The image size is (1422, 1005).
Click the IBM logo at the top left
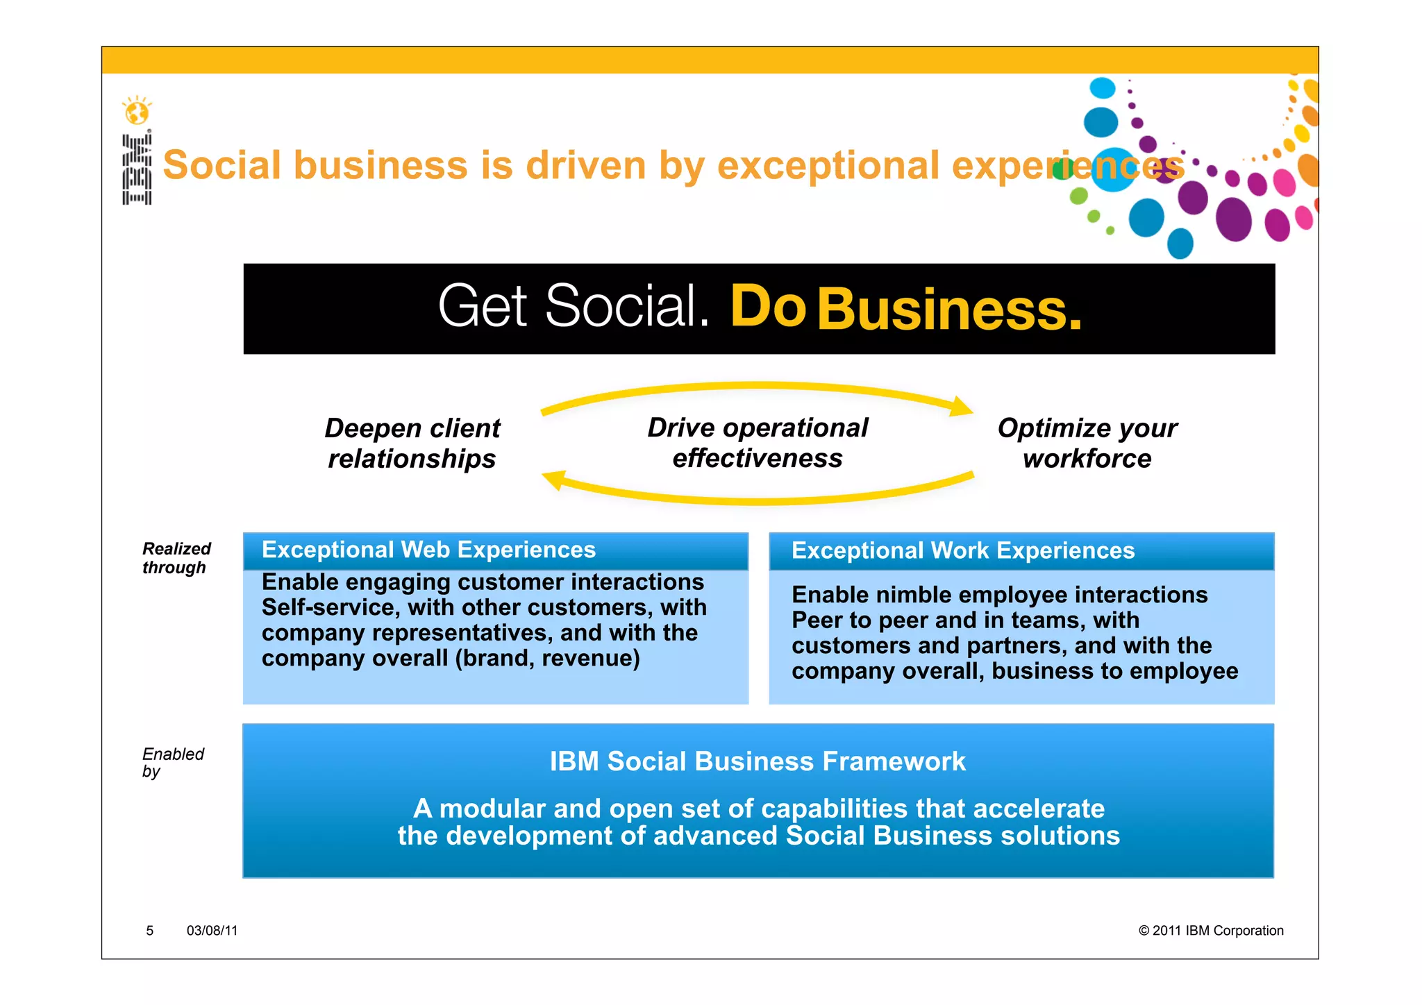click(x=137, y=169)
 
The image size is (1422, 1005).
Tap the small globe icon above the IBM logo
click(x=137, y=110)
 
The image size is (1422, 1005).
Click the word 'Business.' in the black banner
click(x=949, y=310)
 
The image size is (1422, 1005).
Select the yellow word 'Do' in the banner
click(x=768, y=307)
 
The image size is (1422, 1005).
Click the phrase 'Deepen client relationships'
click(x=412, y=444)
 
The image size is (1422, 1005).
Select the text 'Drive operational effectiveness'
click(x=758, y=443)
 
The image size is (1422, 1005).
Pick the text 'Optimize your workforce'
click(x=1087, y=444)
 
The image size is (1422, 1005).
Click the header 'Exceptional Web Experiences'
click(x=428, y=550)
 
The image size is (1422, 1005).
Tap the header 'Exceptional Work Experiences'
click(x=963, y=550)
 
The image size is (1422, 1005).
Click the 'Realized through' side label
click(x=176, y=558)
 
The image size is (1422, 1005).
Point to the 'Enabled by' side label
click(x=173, y=762)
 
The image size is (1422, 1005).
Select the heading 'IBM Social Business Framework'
click(x=758, y=761)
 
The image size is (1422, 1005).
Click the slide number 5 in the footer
click(x=149, y=931)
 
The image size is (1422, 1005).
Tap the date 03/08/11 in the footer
click(x=212, y=931)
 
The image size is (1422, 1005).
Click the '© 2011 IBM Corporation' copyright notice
click(x=1211, y=931)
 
